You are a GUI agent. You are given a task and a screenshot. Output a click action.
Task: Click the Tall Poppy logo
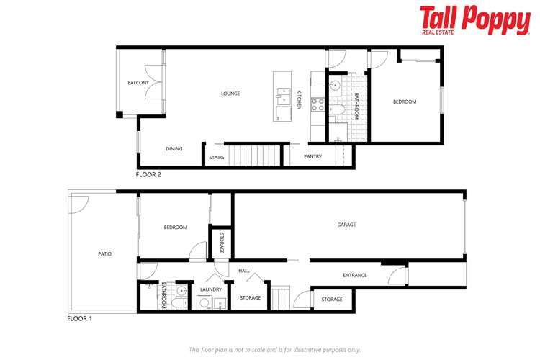pos(474,20)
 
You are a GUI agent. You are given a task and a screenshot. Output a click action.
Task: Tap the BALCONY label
pos(138,83)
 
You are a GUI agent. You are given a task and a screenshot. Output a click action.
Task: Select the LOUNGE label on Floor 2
pos(230,94)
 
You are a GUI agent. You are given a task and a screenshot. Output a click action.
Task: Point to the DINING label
pos(174,149)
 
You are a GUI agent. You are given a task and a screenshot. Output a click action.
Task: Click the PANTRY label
pos(312,156)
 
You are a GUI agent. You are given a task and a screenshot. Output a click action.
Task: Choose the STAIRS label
pos(217,157)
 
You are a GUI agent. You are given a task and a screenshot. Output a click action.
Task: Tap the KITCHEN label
pos(299,99)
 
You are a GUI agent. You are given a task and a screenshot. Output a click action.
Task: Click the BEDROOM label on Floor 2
pos(404,102)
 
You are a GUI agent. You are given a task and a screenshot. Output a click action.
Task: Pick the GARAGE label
pos(346,225)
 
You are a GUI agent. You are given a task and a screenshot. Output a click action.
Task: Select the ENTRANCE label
pos(354,275)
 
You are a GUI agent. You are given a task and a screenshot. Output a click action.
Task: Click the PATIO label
pos(104,253)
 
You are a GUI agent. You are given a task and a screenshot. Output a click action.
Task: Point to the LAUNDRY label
pos(211,289)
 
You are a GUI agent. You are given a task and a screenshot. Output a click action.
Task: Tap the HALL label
pos(244,271)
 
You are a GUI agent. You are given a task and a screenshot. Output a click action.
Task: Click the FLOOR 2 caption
pos(148,174)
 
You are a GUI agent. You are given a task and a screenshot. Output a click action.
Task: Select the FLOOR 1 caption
pos(79,318)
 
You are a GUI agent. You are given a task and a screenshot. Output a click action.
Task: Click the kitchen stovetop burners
pos(317,104)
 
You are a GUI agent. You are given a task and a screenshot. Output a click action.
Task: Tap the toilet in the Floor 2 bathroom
pos(338,110)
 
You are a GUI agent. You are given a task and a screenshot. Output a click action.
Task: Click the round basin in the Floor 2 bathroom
pos(336,85)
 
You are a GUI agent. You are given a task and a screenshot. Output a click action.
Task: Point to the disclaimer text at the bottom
pos(274,349)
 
